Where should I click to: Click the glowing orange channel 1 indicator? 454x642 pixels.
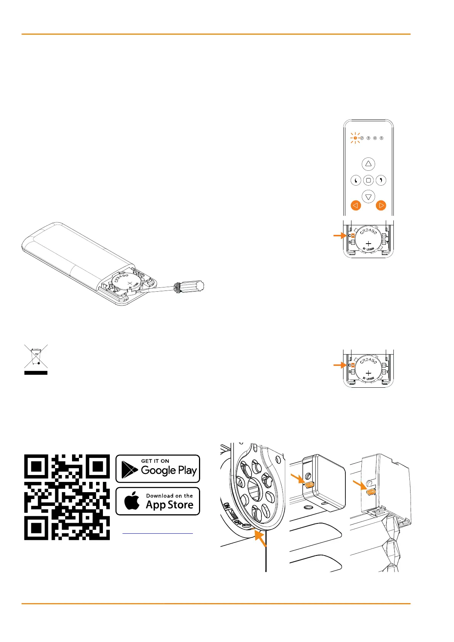click(355, 138)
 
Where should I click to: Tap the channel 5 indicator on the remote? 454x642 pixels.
click(381, 138)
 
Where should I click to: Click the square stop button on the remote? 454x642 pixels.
click(368, 180)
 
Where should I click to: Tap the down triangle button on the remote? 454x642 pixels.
click(368, 197)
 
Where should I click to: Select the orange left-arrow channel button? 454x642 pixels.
click(355, 205)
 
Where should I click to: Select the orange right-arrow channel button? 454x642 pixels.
click(381, 205)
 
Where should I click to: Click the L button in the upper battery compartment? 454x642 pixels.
click(384, 236)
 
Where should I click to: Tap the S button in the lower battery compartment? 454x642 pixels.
click(353, 372)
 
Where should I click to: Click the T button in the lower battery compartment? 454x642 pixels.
click(384, 372)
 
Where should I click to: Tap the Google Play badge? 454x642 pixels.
click(158, 469)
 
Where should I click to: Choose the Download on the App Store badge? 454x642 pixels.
click(158, 501)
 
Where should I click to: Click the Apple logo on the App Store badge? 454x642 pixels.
click(132, 501)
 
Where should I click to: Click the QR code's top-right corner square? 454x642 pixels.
click(98, 466)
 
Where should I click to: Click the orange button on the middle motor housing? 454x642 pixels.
click(309, 485)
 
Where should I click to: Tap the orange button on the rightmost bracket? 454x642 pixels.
click(371, 492)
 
